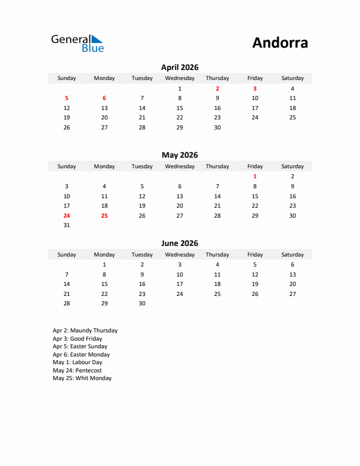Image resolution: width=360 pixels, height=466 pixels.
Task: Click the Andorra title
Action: [x=280, y=43]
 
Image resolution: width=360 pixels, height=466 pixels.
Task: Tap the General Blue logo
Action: [x=77, y=43]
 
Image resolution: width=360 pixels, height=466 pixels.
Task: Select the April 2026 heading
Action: [x=179, y=68]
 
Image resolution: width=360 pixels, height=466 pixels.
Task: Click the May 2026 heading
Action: [x=179, y=155]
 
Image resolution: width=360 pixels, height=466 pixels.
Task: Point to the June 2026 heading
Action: [x=179, y=244]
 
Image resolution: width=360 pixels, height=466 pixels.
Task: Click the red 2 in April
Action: [x=217, y=89]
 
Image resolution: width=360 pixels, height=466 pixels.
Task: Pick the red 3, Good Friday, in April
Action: [x=255, y=89]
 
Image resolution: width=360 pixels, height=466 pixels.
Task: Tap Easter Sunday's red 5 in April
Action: [x=66, y=98]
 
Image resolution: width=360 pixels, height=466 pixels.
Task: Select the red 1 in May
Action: [x=255, y=177]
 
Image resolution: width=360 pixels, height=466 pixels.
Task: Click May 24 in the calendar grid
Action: [x=66, y=215]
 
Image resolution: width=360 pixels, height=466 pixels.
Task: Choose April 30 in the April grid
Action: [x=217, y=127]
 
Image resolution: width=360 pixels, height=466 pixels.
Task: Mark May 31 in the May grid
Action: [x=66, y=225]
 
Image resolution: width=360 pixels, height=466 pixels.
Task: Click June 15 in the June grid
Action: [x=104, y=284]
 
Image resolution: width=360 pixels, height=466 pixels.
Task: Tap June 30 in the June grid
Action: [x=142, y=304]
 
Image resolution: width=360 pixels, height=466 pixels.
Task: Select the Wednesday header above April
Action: [x=179, y=78]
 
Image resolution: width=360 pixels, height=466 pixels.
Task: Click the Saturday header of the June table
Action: [x=292, y=255]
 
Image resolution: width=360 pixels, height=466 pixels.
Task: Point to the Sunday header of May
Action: [x=66, y=167]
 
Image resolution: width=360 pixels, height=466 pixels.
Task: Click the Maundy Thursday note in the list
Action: [x=85, y=331]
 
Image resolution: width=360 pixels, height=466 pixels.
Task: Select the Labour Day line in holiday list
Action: [x=77, y=362]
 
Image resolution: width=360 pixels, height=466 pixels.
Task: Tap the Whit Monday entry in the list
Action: [x=82, y=378]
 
